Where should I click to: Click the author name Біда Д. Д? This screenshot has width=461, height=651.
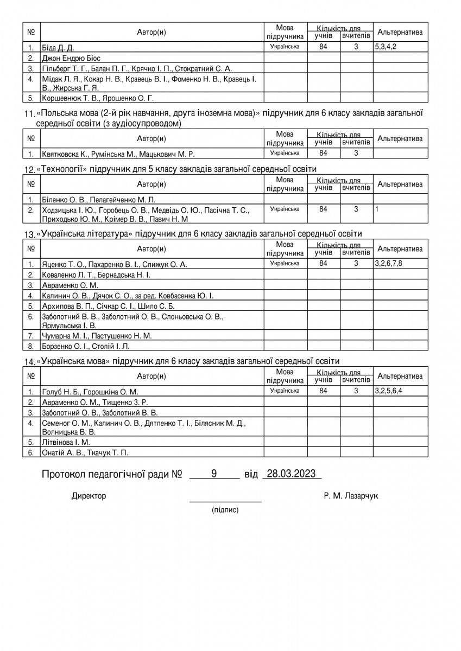58,48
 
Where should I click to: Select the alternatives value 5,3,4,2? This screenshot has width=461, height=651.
386,47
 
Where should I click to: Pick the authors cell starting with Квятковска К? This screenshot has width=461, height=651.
118,154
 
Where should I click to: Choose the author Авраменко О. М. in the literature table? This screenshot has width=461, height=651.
70,285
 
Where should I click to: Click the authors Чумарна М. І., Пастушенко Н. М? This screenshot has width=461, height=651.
97,336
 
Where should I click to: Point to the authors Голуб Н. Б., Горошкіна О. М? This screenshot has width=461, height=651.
90,392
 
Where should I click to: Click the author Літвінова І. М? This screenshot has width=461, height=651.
66,442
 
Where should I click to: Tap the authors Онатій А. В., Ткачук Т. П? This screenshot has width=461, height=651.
85,452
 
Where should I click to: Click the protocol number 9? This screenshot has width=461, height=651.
214,474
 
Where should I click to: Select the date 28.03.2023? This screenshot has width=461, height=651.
292,474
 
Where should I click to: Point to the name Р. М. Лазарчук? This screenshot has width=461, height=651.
350,496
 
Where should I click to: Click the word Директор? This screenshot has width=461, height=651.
89,496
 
